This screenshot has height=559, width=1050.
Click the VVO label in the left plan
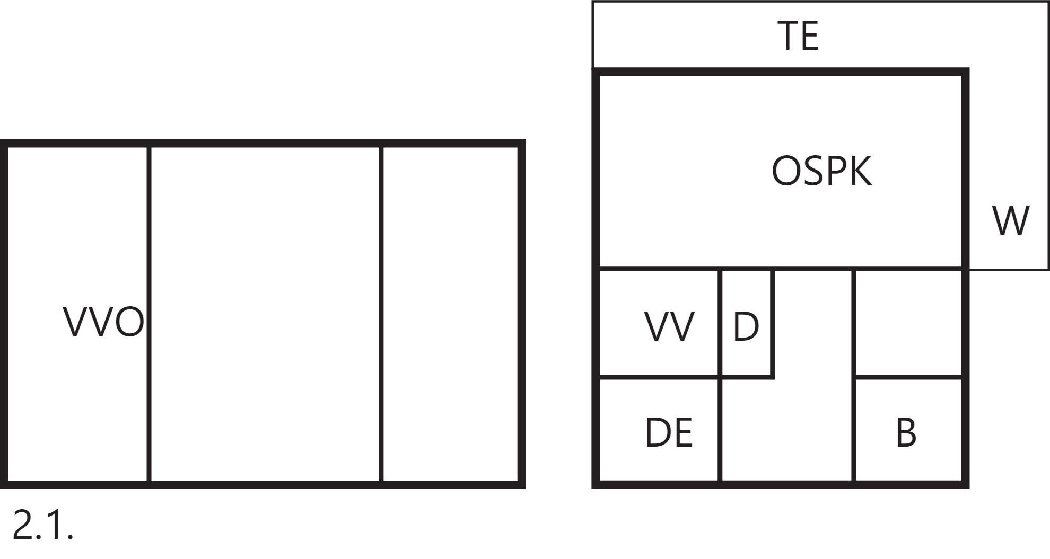click(x=103, y=322)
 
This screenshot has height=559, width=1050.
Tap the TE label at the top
click(x=798, y=36)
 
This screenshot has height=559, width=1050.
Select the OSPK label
click(x=821, y=171)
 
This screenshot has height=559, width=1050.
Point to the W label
click(x=1011, y=220)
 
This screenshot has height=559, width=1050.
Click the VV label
click(x=669, y=326)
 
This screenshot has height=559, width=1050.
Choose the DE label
click(x=669, y=432)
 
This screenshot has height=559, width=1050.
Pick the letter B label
click(x=906, y=432)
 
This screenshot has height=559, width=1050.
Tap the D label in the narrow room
click(x=746, y=326)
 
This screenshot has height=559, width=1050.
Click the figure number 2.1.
click(x=42, y=525)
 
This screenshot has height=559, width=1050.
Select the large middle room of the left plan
click(x=265, y=314)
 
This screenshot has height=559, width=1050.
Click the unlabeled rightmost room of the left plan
click(x=450, y=314)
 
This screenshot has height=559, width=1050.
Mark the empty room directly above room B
click(x=908, y=323)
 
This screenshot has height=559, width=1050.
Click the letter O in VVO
click(x=129, y=322)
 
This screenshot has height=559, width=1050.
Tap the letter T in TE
click(x=787, y=36)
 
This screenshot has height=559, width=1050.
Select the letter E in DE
click(x=684, y=432)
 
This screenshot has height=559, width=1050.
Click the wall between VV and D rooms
click(x=720, y=323)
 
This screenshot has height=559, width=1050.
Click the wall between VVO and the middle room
click(x=148, y=314)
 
